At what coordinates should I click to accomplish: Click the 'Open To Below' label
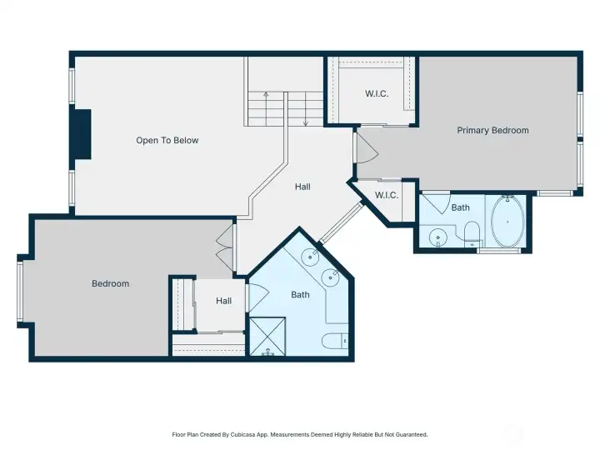(x=167, y=140)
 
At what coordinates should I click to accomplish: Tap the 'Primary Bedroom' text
(x=492, y=130)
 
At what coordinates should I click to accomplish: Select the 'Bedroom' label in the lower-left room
(x=110, y=283)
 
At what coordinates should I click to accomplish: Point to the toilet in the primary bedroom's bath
(x=471, y=232)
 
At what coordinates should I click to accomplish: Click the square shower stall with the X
(x=267, y=336)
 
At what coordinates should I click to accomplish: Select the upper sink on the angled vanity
(x=308, y=255)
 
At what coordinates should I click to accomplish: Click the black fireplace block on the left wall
(x=81, y=134)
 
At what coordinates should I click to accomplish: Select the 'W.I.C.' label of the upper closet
(x=377, y=93)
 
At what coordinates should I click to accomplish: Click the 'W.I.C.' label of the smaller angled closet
(x=386, y=195)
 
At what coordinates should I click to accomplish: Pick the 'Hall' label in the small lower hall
(x=223, y=301)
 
